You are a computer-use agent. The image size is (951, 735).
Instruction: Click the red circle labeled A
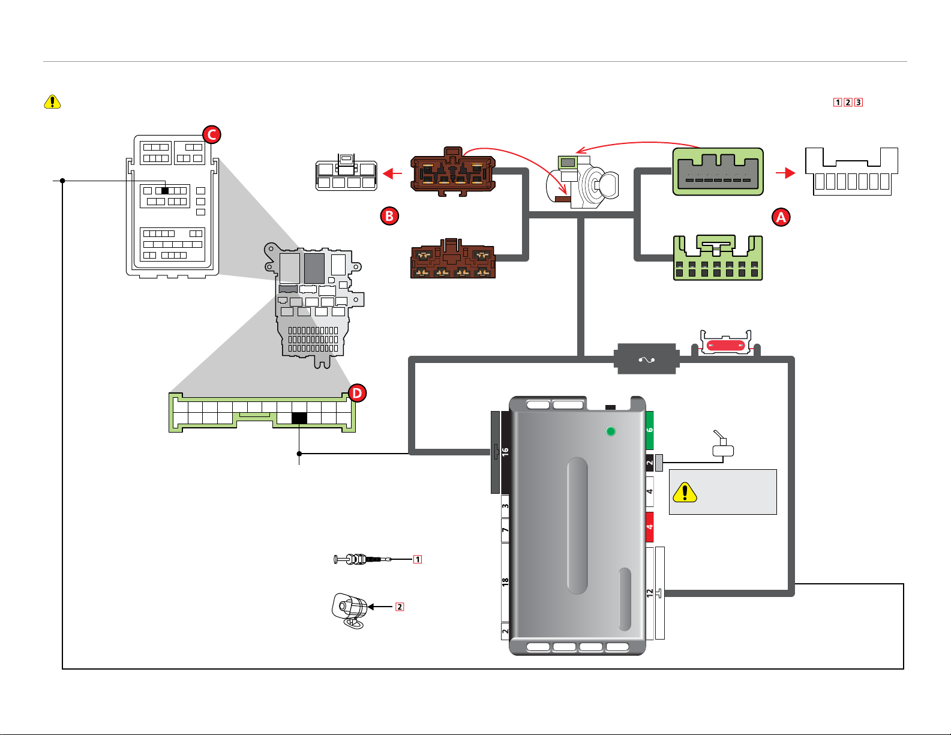[x=781, y=217]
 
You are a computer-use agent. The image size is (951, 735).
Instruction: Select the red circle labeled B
[x=389, y=215]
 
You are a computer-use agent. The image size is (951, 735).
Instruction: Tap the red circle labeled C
[x=212, y=134]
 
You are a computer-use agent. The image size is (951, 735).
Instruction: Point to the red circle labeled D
[x=357, y=393]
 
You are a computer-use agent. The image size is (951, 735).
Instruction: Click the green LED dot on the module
[x=611, y=431]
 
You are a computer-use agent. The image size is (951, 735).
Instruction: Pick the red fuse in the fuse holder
[x=725, y=345]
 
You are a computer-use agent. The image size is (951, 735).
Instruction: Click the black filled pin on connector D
[x=299, y=418]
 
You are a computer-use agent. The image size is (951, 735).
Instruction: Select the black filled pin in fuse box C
[x=165, y=191]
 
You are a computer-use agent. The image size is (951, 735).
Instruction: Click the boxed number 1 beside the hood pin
[x=418, y=559]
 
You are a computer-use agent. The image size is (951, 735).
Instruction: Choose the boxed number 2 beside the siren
[x=400, y=607]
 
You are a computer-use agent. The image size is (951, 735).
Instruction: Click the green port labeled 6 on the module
[x=650, y=431]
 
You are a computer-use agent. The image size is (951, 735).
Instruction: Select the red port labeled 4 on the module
[x=650, y=527]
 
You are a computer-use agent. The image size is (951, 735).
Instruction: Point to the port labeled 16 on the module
[x=505, y=452]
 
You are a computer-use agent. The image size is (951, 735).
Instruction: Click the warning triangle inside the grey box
[x=685, y=492]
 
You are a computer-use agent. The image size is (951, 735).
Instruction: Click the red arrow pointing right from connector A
[x=785, y=173]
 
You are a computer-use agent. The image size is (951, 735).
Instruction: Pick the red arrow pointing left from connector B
[x=392, y=173]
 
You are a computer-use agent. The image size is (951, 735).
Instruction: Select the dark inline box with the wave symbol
[x=646, y=359]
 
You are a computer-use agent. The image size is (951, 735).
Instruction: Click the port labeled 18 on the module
[x=505, y=582]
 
